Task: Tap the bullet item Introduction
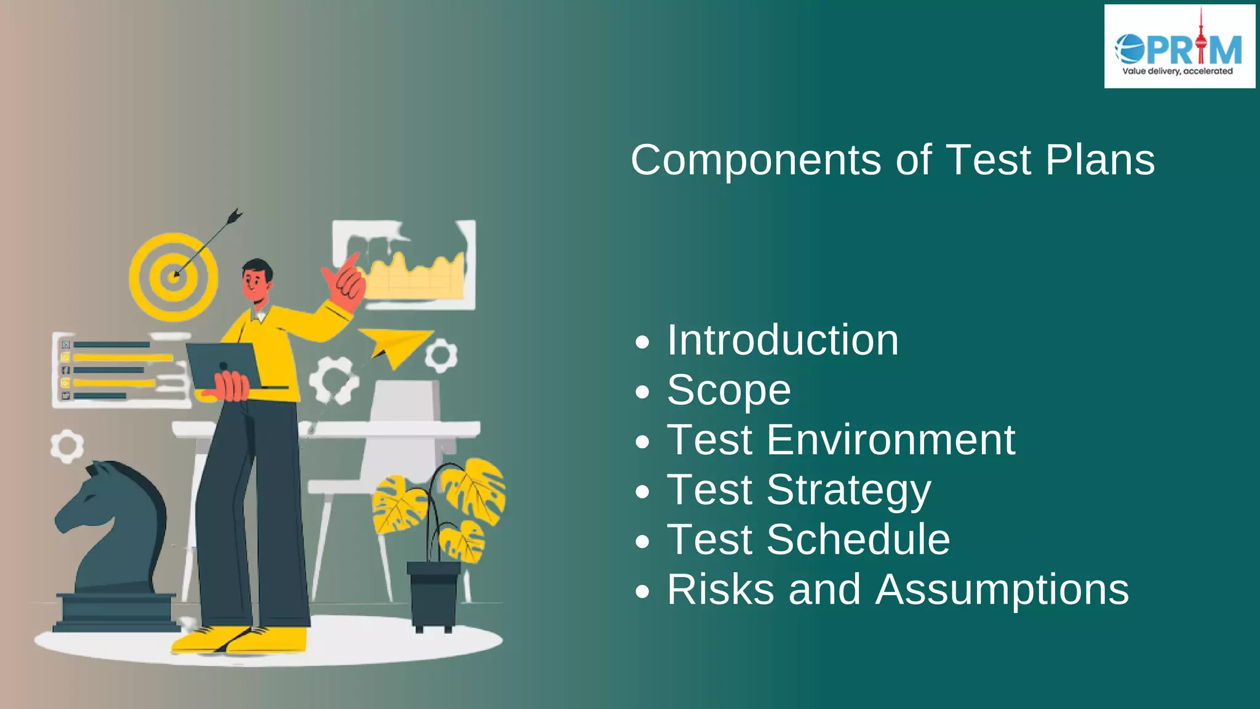(x=783, y=340)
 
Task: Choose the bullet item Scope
(x=729, y=390)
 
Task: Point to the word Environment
(x=891, y=440)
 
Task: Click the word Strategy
(x=848, y=491)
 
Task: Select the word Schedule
(x=858, y=540)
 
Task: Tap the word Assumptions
(x=1002, y=590)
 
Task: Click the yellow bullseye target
(x=173, y=276)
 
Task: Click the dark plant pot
(x=434, y=594)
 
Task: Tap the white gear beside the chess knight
(x=66, y=446)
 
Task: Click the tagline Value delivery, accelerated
(x=1178, y=71)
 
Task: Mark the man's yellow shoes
(x=240, y=640)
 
